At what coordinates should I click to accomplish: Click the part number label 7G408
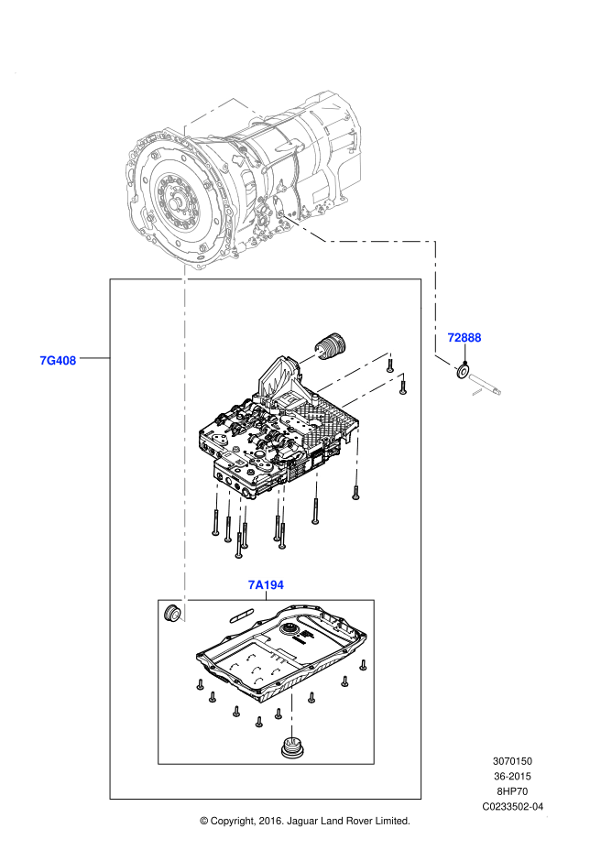(x=58, y=360)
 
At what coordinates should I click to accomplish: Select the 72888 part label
(x=464, y=338)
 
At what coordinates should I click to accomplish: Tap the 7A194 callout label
(x=266, y=584)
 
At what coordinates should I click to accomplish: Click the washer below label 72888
(x=463, y=371)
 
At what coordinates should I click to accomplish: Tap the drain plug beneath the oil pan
(x=292, y=746)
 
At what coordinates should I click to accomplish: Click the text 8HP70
(x=513, y=791)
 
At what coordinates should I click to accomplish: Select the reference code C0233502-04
(x=513, y=807)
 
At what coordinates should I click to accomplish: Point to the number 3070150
(x=513, y=761)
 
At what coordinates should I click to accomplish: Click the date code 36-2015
(x=513, y=776)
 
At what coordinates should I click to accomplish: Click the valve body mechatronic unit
(x=275, y=430)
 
